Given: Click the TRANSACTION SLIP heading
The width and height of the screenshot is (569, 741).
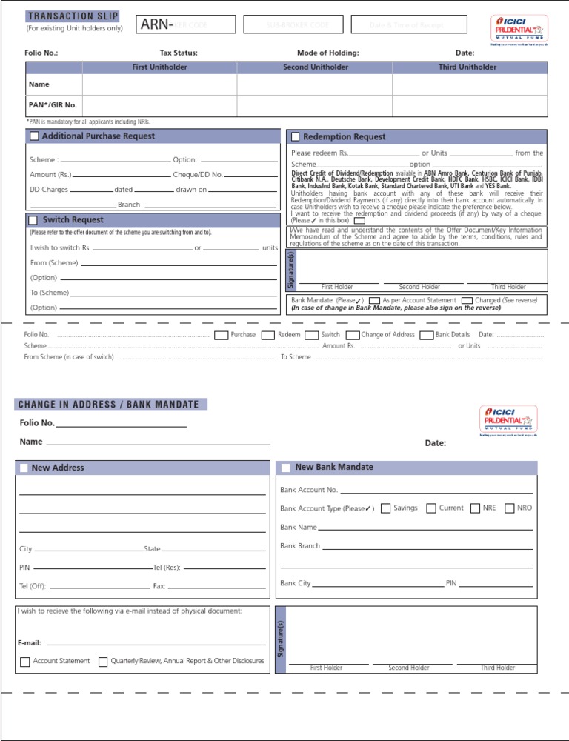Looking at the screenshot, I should pos(73,16).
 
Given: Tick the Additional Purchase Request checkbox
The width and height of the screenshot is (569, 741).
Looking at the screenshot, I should pos(34,136).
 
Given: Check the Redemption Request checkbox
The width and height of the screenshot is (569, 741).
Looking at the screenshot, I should pos(295,137).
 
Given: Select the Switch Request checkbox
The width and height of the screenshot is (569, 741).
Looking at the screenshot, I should pos(33,220).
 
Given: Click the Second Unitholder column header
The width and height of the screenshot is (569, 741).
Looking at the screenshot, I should pos(315,67).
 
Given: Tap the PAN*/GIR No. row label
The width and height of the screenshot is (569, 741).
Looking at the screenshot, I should pos(53,105).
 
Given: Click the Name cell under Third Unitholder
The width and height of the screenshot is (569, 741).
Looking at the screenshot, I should pos(470,85).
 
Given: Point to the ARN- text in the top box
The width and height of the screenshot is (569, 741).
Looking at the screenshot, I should pos(157,25).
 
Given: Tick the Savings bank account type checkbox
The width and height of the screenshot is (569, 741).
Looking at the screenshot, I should pos(385,508).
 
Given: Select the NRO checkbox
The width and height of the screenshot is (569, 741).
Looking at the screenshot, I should pos(509,508).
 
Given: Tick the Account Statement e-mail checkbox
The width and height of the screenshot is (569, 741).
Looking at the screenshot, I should pos(25,662).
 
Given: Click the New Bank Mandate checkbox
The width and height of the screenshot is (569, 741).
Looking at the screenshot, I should pos(285,468).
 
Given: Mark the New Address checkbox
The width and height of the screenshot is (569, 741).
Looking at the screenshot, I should pos(24,468).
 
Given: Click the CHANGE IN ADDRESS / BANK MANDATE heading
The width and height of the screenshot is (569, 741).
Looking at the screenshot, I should pos(108,405).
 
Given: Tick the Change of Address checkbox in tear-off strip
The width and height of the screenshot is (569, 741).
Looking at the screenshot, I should pos(353,336).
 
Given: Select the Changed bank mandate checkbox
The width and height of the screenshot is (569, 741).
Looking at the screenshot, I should pos(467,301).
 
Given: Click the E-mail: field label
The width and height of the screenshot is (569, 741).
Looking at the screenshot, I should pos(30,643).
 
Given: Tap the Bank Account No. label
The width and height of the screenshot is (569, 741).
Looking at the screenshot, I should pos(309,490).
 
